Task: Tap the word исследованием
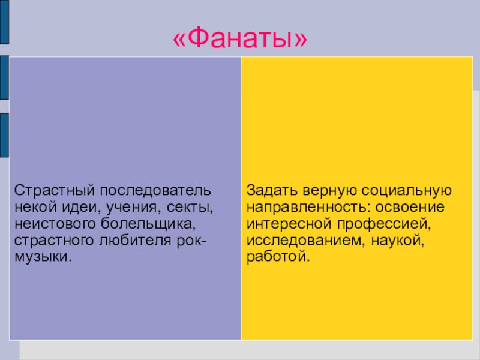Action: [299, 241]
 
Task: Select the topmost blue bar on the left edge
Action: [4, 22]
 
